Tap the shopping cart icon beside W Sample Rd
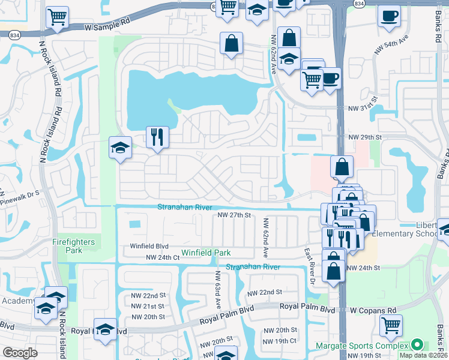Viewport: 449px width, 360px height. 57,19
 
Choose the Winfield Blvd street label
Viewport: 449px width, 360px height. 150,246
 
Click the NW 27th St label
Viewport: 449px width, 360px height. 234,215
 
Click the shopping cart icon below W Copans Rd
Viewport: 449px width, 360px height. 391,326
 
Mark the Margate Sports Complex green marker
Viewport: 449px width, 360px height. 415,345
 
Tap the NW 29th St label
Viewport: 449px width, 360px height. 365,137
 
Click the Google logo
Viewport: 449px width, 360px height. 20,353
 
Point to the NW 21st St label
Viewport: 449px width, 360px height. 148,306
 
